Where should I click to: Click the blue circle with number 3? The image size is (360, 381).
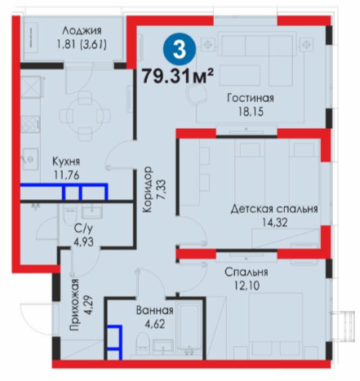tap(180, 49)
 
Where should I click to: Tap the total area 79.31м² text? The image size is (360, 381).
tap(177, 76)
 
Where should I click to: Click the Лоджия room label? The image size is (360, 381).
tap(82, 30)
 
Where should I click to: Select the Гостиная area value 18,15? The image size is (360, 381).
tap(251, 112)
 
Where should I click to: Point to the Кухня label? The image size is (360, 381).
tap(66, 162)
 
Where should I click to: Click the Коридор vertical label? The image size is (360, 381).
tap(148, 189)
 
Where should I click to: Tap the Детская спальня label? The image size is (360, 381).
tap(274, 209)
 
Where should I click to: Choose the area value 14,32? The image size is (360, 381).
tap(275, 223)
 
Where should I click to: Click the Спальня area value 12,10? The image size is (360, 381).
tap(247, 286)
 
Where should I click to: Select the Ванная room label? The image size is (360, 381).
tap(155, 310)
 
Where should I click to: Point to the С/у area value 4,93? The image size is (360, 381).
tap(83, 241)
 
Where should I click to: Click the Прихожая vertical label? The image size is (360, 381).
tap(74, 304)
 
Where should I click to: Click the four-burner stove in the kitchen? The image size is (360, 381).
tap(30, 124)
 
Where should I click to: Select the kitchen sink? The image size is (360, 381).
tap(29, 159)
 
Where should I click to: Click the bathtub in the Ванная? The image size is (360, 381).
tap(189, 329)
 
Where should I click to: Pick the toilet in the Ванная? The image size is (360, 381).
tap(143, 341)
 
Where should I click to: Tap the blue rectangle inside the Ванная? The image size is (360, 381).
tap(114, 342)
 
